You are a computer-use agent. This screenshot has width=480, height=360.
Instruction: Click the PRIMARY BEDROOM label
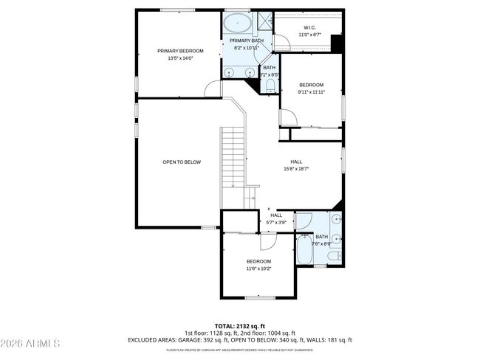(x=180, y=51)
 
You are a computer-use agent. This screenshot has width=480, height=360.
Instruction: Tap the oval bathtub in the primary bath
(x=238, y=20)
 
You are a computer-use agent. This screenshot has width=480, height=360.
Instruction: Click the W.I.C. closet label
(x=309, y=28)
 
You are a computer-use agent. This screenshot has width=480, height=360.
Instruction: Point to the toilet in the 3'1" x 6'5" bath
(x=270, y=87)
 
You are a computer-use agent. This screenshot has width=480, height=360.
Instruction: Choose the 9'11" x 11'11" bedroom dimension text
(x=311, y=92)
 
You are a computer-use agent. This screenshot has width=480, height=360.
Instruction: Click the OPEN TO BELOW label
(x=182, y=162)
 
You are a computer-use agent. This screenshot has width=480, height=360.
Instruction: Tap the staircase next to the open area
(x=232, y=166)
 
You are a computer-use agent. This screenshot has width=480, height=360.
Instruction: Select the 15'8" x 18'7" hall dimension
(x=295, y=169)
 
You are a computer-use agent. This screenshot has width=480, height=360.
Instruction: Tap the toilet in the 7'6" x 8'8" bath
(x=333, y=256)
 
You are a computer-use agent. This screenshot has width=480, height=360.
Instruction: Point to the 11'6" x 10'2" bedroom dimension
(x=258, y=269)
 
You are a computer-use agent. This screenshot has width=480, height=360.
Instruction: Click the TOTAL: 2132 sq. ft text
(x=239, y=325)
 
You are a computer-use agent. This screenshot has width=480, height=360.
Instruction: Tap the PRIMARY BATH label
(x=246, y=41)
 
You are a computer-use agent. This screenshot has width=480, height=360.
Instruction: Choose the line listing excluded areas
(x=239, y=340)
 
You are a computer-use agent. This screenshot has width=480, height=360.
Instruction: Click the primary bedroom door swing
(x=213, y=88)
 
